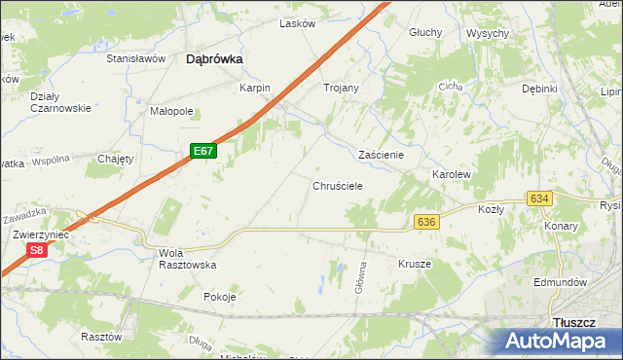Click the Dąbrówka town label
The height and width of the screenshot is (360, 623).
coord(214,59)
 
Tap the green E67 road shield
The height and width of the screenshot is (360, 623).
coord(202,152)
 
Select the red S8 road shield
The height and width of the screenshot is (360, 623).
coord(36,250)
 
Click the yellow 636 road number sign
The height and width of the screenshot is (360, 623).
coord(425,223)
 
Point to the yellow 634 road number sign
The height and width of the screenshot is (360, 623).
coord(539,198)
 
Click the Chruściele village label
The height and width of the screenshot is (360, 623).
coord(338,185)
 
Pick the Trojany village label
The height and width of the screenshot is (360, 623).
coord(341,88)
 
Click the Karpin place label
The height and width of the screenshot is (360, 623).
coord(254,88)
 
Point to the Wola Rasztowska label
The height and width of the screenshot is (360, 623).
coord(186,259)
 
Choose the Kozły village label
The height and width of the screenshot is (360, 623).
coord(491,209)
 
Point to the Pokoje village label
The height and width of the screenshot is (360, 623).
coord(220,298)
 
